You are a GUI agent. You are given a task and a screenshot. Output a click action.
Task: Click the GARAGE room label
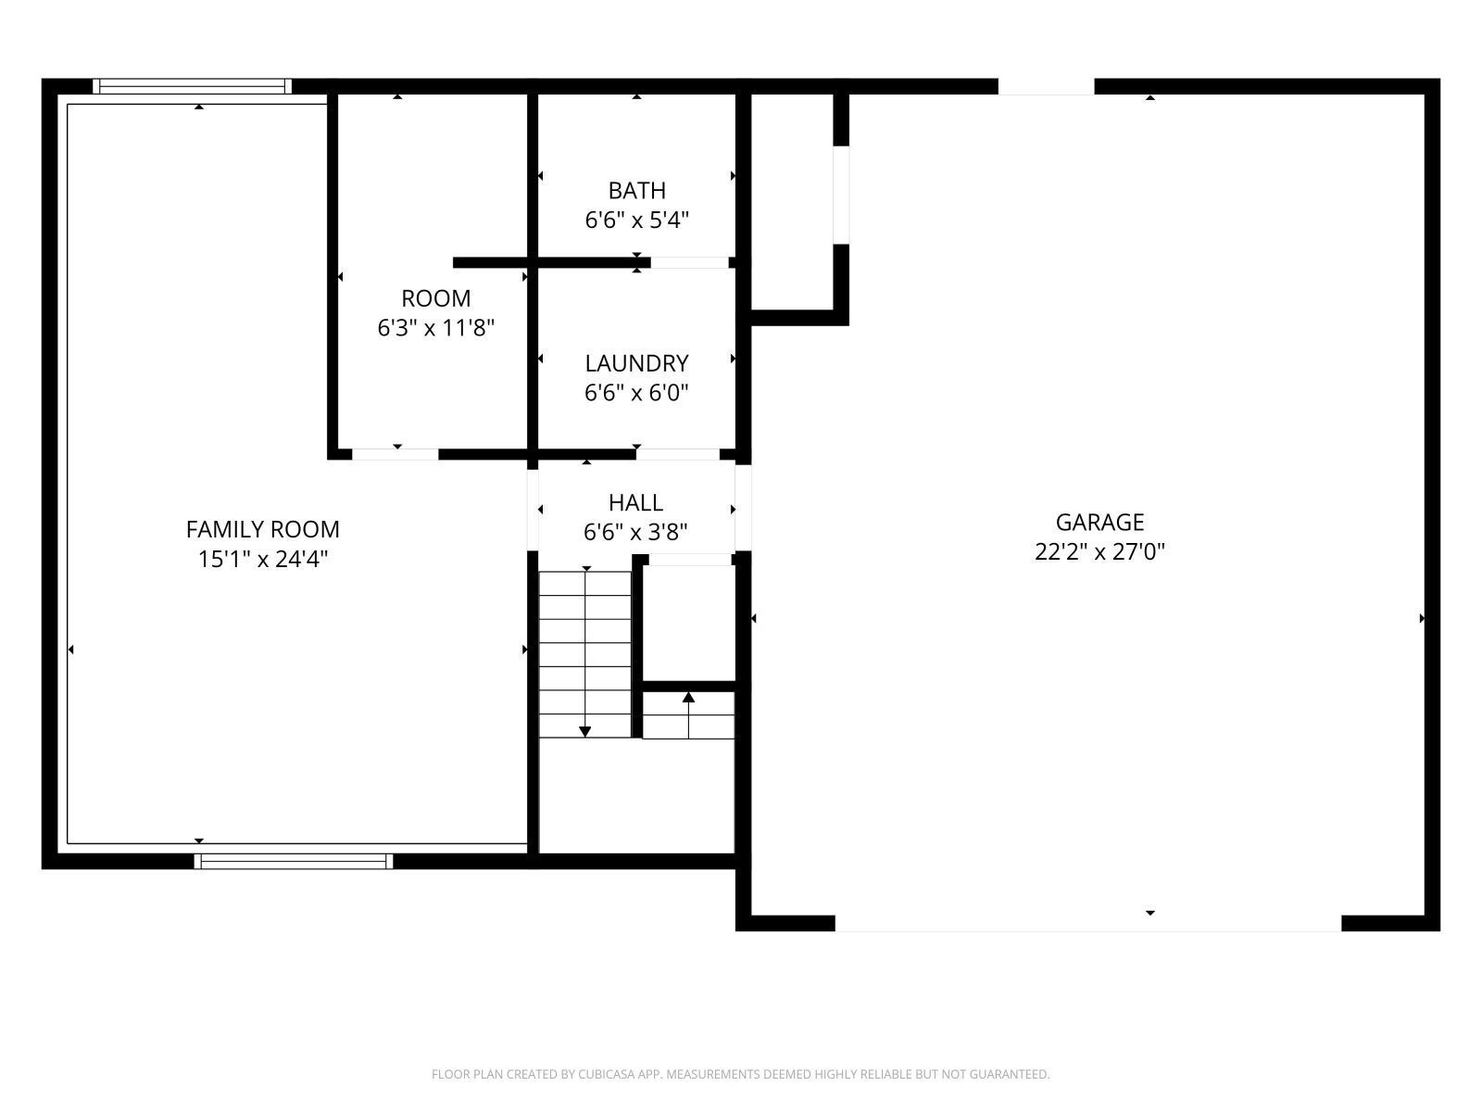point(1099,522)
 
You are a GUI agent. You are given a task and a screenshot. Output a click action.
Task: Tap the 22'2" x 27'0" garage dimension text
point(1099,552)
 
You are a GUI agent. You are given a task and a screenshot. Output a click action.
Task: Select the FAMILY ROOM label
point(262,529)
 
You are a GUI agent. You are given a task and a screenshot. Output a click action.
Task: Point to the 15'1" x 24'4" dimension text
point(262,559)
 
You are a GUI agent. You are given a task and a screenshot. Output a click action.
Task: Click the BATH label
point(636,191)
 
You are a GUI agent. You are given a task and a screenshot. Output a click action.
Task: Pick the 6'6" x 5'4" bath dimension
point(636,221)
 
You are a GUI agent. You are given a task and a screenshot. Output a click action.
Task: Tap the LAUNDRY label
point(636,363)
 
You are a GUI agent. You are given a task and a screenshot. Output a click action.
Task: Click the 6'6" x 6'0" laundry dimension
point(636,393)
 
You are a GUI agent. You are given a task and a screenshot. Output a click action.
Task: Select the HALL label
point(635,503)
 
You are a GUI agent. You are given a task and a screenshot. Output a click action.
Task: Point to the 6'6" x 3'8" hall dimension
point(635,533)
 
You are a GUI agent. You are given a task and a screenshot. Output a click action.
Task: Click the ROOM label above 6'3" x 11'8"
point(435,298)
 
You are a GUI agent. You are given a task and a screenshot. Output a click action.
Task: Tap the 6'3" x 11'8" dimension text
point(435,328)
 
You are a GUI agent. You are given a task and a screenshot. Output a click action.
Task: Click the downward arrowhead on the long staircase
point(585,731)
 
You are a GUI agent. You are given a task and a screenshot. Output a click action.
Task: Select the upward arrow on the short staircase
point(688,697)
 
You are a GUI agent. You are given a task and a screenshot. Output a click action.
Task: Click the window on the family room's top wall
point(192,87)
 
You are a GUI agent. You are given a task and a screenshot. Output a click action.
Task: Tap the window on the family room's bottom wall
point(293,861)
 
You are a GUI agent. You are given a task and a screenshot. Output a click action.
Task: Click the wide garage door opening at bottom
point(1087,923)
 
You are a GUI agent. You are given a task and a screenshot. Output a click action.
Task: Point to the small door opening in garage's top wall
point(1046,87)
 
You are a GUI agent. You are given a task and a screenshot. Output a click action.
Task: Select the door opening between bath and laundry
point(689,263)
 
